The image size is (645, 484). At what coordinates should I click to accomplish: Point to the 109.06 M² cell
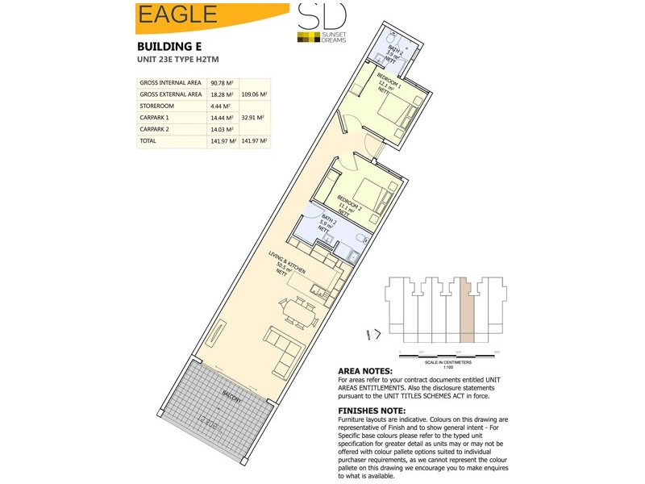[255, 94]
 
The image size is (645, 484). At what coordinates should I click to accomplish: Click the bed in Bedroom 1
[393, 113]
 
